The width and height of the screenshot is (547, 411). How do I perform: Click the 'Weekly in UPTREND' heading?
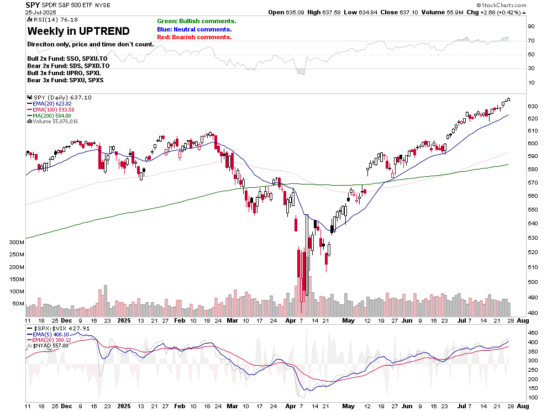click(x=78, y=31)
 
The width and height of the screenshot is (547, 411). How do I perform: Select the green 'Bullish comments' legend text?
click(x=196, y=21)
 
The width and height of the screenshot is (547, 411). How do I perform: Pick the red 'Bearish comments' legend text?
click(x=194, y=37)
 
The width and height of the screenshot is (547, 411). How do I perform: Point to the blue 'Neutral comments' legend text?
click(x=194, y=29)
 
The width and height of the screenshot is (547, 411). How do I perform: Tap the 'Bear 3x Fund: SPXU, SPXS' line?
click(x=65, y=80)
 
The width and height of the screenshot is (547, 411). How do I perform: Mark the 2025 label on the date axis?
click(x=124, y=320)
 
